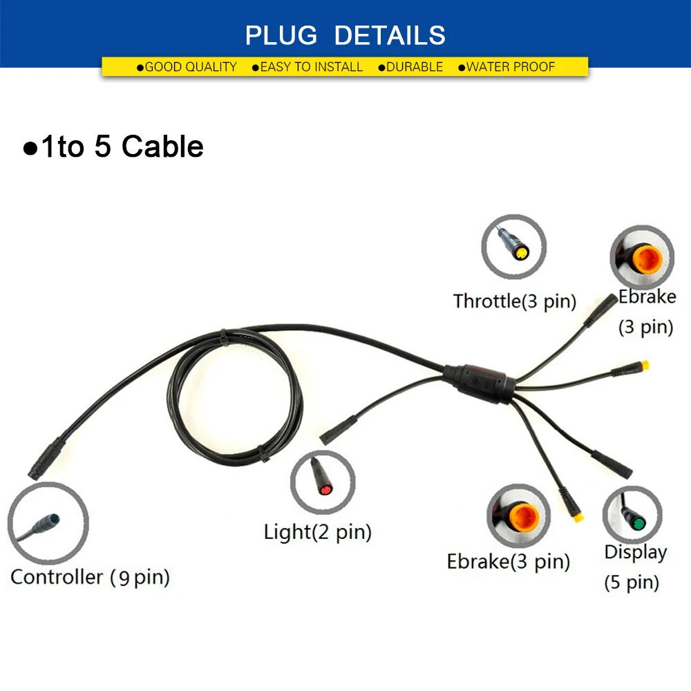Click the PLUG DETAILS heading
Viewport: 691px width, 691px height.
point(345,34)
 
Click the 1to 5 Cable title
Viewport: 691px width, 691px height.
point(114,146)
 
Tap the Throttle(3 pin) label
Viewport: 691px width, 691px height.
point(515,301)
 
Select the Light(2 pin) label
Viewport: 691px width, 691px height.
point(318,531)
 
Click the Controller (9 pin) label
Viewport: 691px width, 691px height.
point(90,576)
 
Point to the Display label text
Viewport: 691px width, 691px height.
point(635,552)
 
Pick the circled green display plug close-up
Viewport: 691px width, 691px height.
point(633,515)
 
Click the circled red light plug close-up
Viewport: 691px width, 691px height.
point(322,482)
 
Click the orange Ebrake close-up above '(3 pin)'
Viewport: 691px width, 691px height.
point(642,260)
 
